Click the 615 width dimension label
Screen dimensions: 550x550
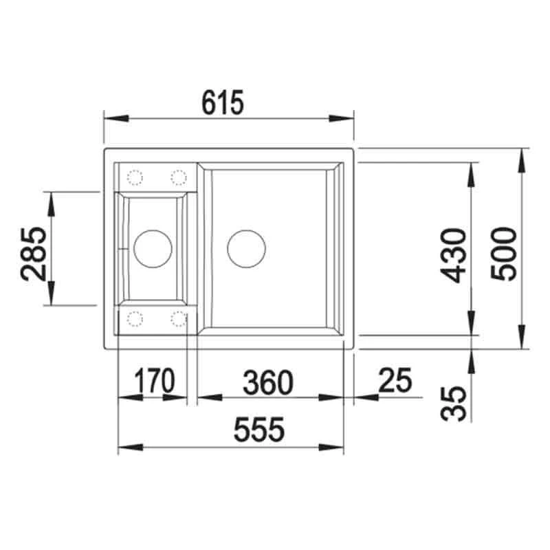222,102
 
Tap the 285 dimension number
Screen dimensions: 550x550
34,254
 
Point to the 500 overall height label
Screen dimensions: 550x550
504,254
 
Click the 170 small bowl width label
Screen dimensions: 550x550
154,381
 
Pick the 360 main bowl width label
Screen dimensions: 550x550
268,382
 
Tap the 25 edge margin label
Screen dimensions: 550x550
395,380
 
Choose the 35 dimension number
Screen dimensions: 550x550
453,404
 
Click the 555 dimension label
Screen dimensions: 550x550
259,429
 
